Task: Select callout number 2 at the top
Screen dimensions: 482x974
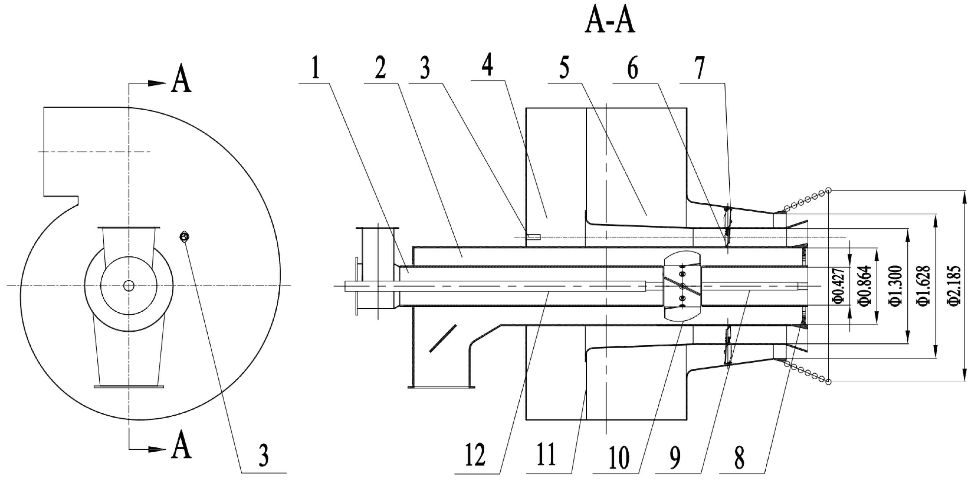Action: click(380, 68)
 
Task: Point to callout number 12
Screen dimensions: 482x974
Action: click(475, 456)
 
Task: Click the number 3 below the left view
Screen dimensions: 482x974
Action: click(263, 456)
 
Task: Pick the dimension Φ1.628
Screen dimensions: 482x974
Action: click(925, 286)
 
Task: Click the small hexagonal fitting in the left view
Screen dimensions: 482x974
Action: click(184, 237)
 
